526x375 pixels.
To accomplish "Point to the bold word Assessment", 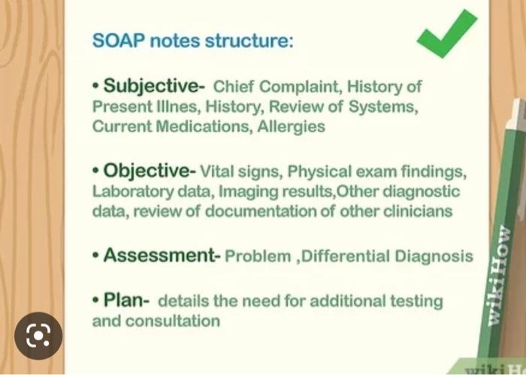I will point(158,256).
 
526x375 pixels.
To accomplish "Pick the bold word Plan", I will point(126,301).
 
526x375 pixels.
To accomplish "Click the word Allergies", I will point(292,126).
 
